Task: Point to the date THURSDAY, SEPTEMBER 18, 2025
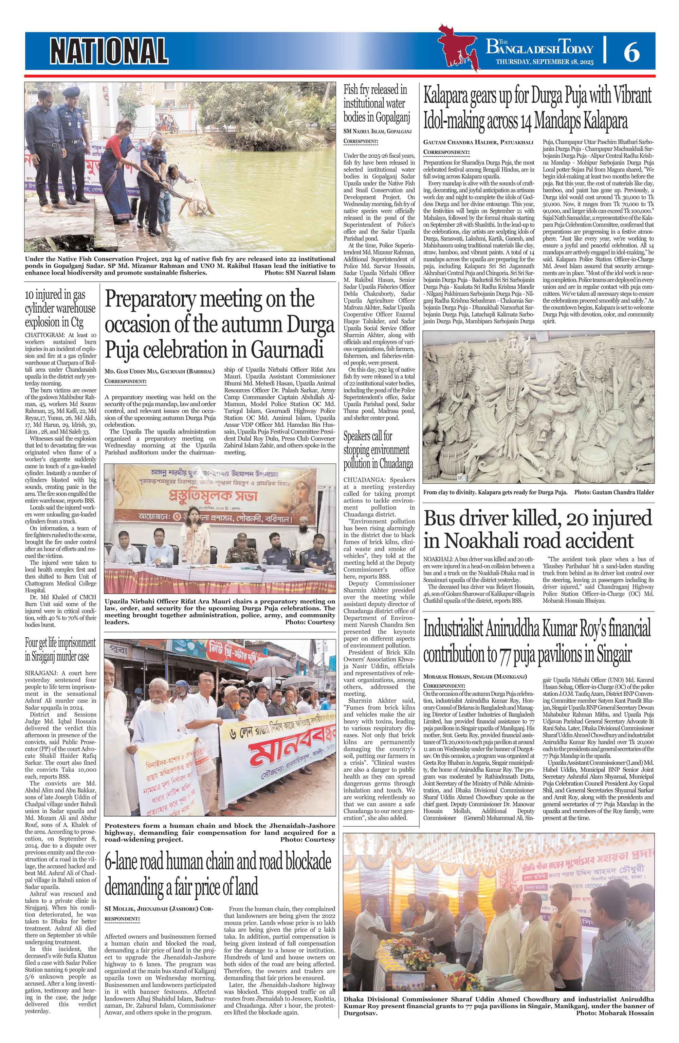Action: [545, 62]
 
